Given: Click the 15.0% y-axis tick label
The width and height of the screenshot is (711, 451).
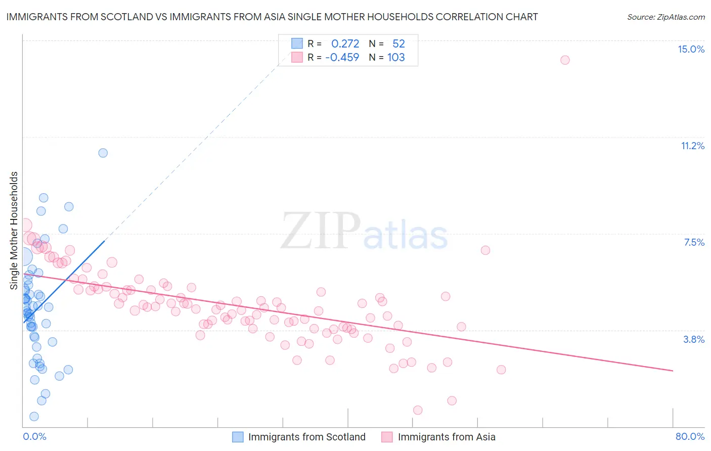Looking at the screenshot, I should tap(691, 49).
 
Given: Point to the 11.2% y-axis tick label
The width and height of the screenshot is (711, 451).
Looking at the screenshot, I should tap(692, 146).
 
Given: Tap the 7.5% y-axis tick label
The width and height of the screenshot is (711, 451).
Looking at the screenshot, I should tap(694, 242).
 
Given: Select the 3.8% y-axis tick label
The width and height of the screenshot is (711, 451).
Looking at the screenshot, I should tap(694, 339).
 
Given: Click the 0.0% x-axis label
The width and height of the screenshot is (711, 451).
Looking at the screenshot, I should tap(34, 436).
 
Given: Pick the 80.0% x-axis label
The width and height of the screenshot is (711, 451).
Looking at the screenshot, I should tap(690, 436).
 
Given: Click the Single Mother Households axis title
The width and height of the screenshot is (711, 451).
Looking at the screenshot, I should tap(14, 231).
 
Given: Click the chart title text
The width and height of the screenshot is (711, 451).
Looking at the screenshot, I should tap(272, 17).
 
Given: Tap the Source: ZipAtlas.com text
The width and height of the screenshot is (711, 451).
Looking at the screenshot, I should tap(665, 17).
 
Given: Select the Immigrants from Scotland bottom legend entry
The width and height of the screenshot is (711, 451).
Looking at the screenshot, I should tap(299, 437).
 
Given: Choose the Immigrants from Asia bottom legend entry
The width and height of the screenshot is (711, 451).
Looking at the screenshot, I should tap(439, 437).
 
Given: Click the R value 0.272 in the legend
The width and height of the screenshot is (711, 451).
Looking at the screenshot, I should tap(345, 44).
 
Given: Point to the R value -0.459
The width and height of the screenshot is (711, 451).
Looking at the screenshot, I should tap(342, 58).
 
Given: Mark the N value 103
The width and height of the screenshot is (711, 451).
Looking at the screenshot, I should tap(396, 58).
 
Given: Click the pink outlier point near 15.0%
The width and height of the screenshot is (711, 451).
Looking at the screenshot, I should tap(565, 60).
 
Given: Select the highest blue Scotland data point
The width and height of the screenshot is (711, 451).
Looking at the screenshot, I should tap(103, 153).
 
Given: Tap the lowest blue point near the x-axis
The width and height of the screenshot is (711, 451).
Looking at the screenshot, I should tap(34, 417).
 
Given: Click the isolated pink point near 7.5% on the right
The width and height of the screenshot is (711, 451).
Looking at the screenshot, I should tap(485, 250).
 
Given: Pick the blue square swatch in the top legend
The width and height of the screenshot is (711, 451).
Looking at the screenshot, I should tap(297, 44).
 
